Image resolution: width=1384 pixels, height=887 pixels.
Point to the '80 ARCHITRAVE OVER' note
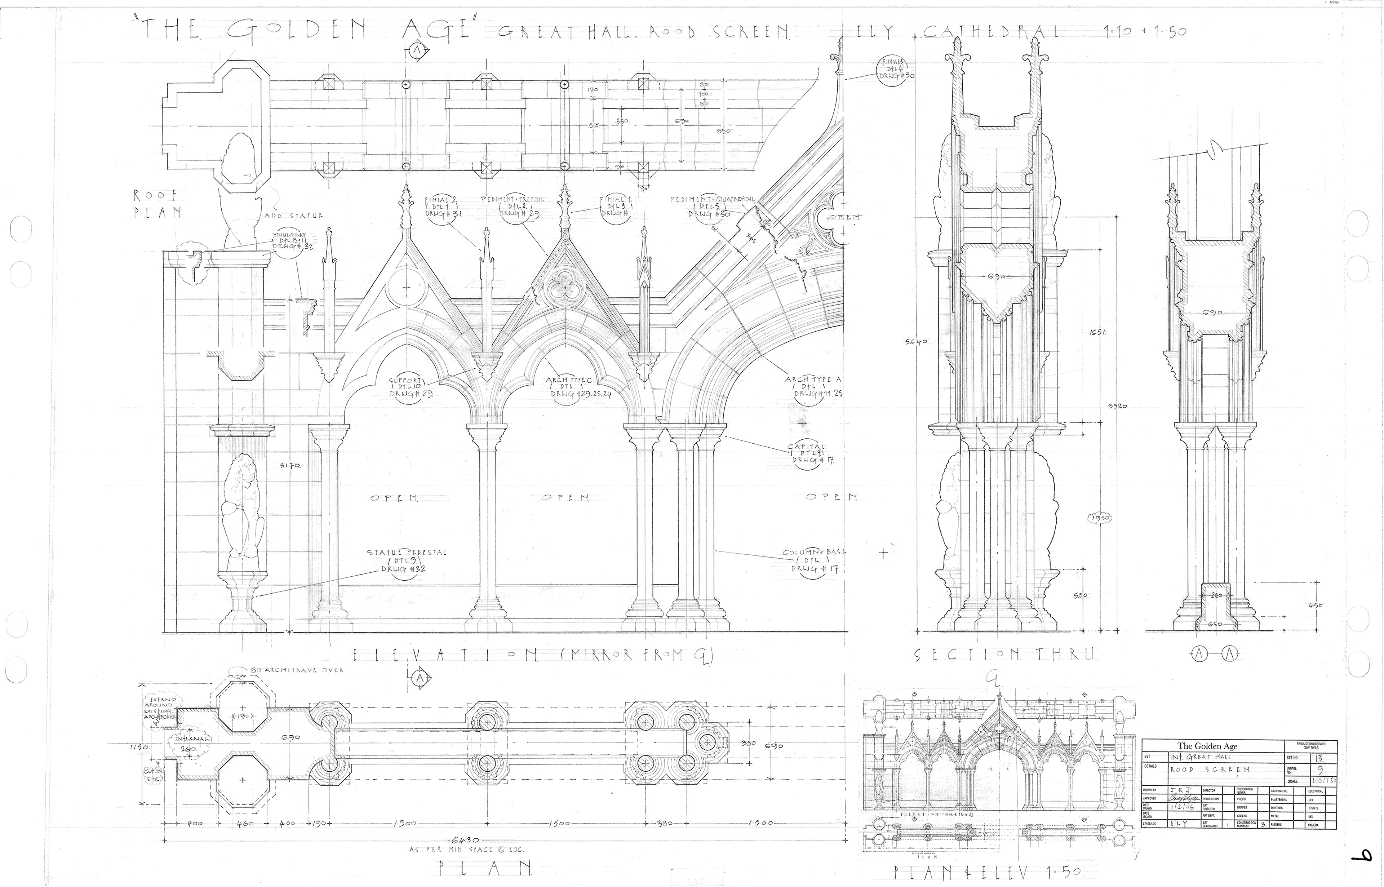(297, 670)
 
